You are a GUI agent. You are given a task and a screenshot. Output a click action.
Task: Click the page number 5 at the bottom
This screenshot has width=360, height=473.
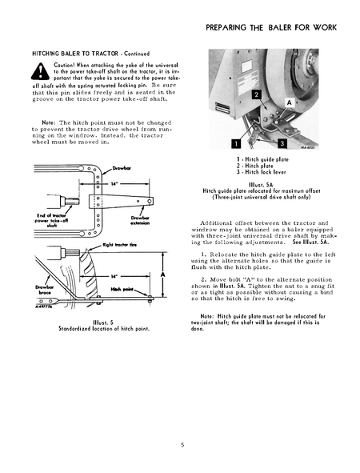tap(182, 441)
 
